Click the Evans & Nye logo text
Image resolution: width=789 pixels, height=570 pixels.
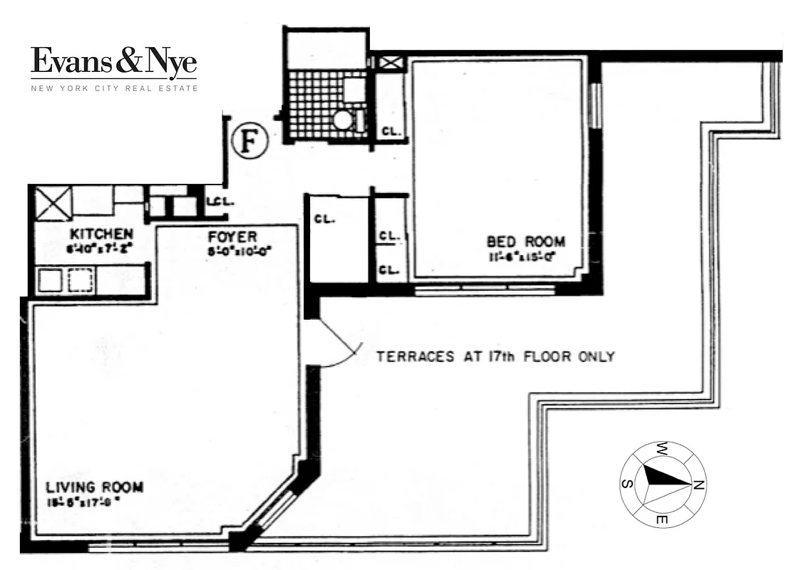(x=113, y=63)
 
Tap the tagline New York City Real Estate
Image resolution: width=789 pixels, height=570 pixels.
(x=113, y=88)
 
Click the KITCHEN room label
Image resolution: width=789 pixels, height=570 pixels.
(x=100, y=234)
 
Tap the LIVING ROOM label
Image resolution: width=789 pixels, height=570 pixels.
(x=94, y=487)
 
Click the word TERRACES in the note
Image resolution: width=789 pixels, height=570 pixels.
(x=411, y=356)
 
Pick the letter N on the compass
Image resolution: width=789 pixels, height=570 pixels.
(x=698, y=485)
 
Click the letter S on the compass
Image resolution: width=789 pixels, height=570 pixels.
(x=625, y=484)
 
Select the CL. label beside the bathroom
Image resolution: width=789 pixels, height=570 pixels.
(x=391, y=131)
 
